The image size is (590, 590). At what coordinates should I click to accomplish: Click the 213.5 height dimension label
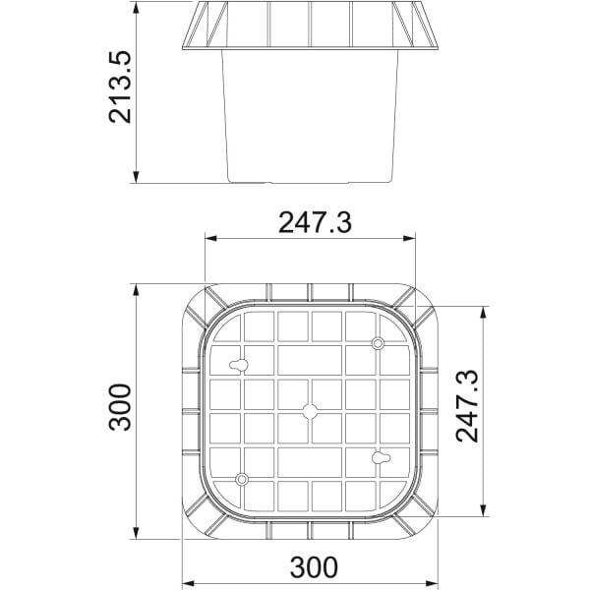(120, 88)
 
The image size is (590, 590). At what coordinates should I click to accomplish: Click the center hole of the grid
(310, 411)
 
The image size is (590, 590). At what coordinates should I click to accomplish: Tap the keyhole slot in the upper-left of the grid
(239, 365)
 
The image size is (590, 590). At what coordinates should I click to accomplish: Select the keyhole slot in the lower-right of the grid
(381, 457)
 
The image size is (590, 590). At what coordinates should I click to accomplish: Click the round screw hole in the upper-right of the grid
(378, 343)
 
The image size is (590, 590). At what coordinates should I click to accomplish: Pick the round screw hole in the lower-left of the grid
(242, 480)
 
